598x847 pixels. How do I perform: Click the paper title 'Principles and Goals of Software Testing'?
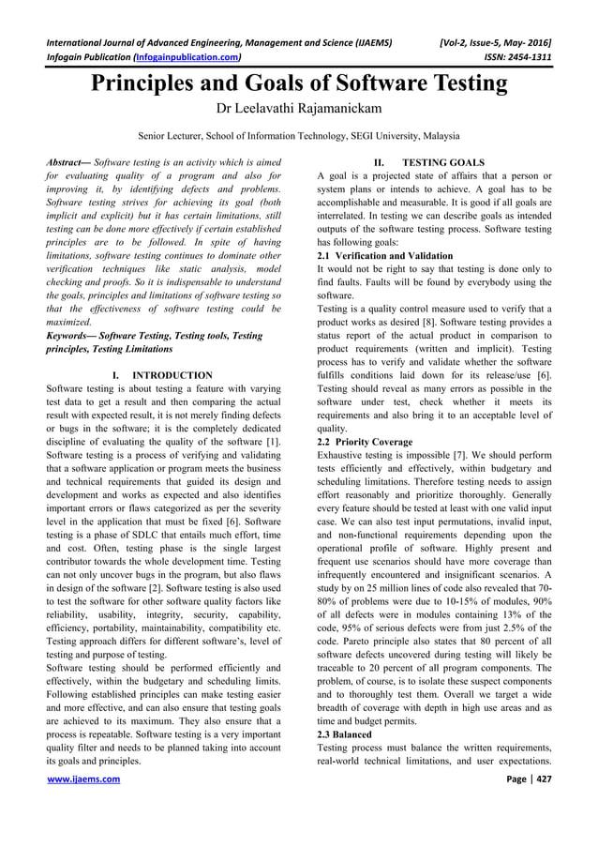coord(298,83)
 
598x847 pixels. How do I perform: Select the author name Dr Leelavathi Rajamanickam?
coord(298,110)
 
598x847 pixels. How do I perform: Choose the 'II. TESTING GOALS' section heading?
coord(430,163)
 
